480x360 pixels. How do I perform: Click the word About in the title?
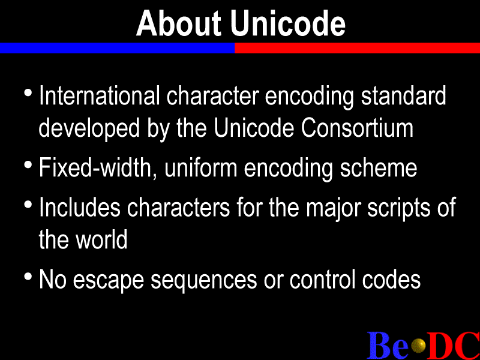tap(178, 23)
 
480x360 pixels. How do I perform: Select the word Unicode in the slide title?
tap(288, 23)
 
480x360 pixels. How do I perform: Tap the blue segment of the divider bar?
tap(117, 48)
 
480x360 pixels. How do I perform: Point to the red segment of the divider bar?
tap(357, 48)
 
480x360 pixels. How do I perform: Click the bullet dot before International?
tap(28, 93)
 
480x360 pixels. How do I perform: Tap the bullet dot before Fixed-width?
tap(28, 165)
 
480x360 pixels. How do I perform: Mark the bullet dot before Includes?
tap(28, 205)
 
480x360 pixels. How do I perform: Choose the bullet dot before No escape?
tap(28, 277)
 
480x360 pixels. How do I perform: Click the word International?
tap(100, 95)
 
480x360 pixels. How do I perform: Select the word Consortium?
tap(357, 128)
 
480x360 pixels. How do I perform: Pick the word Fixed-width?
tap(95, 167)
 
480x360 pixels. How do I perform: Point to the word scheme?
tap(379, 167)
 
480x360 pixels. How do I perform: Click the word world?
tap(101, 239)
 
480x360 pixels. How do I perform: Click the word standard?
tap(403, 95)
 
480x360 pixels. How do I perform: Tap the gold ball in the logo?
tap(418, 346)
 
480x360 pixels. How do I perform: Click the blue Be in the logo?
tap(388, 345)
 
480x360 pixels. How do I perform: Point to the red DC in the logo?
tap(454, 345)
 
